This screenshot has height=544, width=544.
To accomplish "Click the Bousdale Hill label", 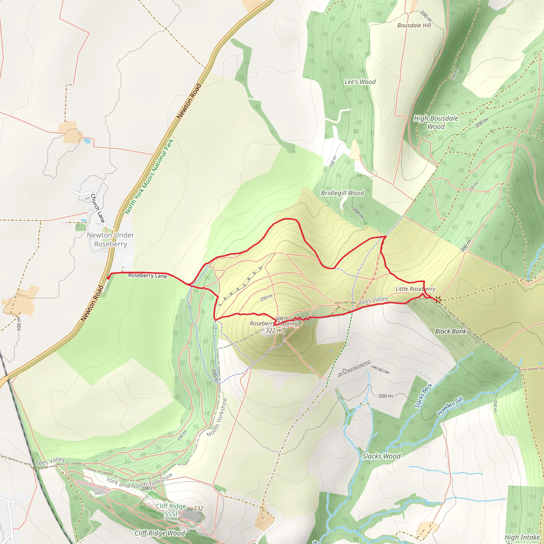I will (414, 25).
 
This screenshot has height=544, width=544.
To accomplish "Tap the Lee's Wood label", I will (360, 82).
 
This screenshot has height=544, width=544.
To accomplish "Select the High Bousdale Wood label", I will (436, 122).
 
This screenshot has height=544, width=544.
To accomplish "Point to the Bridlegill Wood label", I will (342, 193).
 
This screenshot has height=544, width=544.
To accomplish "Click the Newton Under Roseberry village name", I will (110, 239).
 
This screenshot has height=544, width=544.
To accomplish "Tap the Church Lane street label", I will (97, 208).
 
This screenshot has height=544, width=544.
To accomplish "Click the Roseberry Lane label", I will (147, 275).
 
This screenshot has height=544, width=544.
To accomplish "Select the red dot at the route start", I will (108, 278).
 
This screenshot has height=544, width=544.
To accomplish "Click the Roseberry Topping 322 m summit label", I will (273, 327).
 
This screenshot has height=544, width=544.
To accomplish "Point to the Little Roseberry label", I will (415, 289).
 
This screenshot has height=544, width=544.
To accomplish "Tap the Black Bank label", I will (450, 331).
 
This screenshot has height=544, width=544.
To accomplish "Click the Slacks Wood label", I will (381, 456).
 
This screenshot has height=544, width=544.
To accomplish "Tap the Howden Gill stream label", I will (450, 406).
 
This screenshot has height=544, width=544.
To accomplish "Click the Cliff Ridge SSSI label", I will (171, 510).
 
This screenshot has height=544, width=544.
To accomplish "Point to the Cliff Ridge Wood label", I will (160, 533).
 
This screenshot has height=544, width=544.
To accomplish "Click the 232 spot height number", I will (198, 508).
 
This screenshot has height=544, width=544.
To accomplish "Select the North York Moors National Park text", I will (149, 177).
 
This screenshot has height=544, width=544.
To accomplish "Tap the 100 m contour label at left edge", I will (19, 324).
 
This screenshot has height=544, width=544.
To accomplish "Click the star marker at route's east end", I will (437, 300).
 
